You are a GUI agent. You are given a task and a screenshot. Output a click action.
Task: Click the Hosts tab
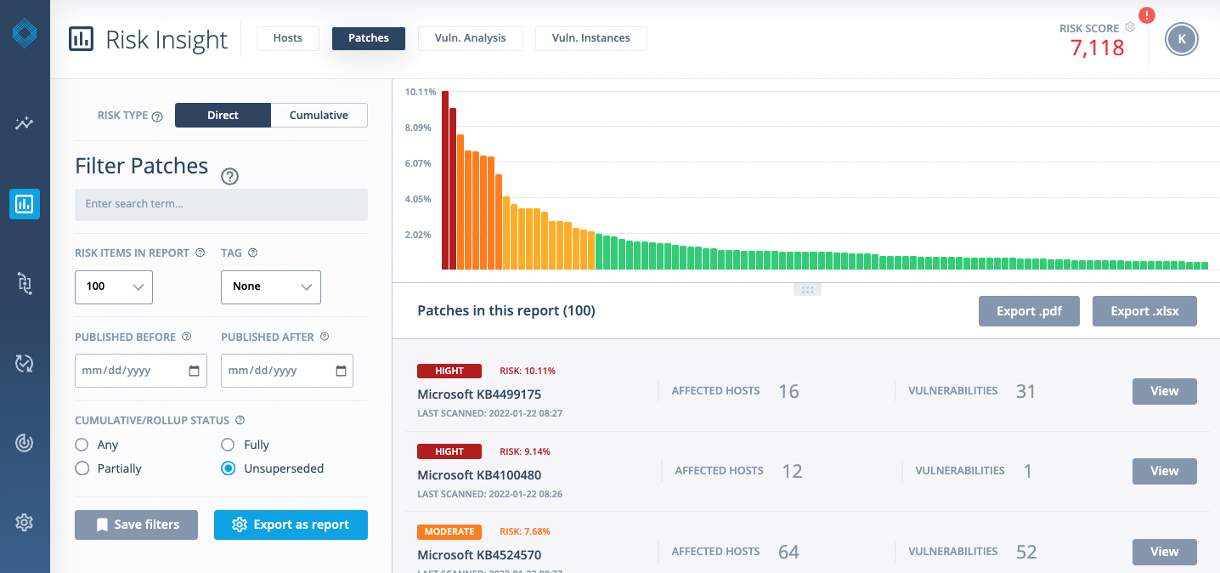(287, 38)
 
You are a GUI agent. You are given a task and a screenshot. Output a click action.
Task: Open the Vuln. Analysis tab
(470, 38)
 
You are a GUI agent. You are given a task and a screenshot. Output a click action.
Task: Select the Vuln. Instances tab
(590, 38)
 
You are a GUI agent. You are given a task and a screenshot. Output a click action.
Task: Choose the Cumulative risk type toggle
(319, 116)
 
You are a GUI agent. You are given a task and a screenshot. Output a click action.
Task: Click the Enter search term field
(221, 204)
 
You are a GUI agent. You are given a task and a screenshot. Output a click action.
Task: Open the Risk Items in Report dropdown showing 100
(114, 286)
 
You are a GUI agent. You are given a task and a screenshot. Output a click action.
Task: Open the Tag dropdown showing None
(270, 286)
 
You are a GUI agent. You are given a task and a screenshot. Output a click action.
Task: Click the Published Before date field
(140, 371)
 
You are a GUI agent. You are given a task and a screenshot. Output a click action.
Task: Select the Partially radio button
(82, 468)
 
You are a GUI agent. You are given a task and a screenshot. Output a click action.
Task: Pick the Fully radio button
(228, 445)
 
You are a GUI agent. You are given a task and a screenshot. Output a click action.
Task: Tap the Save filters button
(136, 525)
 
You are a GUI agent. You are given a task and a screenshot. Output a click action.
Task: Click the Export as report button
(291, 525)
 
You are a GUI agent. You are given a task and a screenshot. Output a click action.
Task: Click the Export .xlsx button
(1144, 311)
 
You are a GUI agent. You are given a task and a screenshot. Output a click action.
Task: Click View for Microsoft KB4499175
(1164, 391)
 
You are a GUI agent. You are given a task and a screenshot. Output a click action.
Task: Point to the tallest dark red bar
(444, 179)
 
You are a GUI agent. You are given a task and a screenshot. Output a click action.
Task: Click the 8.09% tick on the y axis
(418, 128)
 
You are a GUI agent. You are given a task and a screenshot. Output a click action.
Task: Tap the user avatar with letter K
(1181, 39)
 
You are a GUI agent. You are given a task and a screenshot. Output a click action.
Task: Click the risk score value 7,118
(1097, 48)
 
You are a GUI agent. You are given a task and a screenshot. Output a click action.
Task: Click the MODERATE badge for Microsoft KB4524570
(449, 531)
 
